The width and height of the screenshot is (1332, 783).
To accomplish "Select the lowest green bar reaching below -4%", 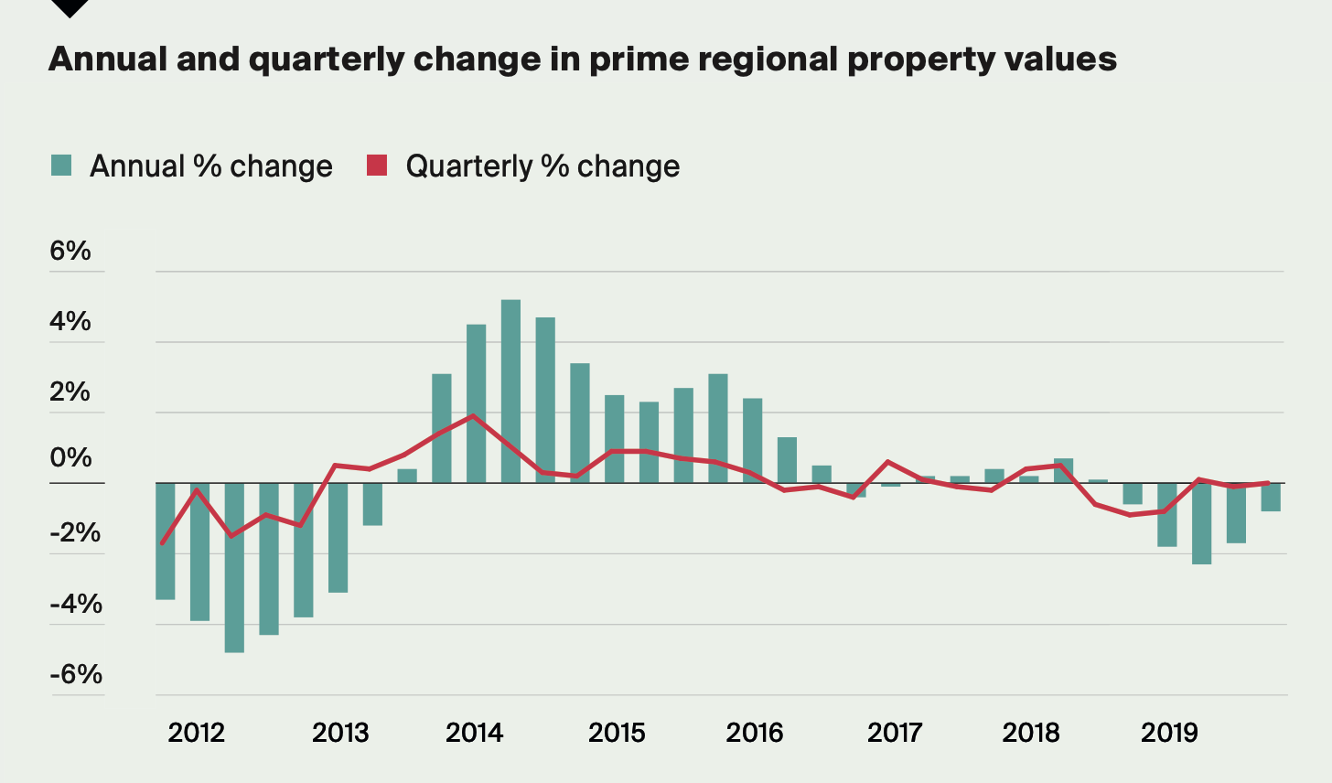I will [x=234, y=567].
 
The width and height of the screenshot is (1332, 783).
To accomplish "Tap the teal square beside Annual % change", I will [x=61, y=166].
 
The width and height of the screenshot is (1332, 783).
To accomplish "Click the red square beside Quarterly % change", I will [x=377, y=166].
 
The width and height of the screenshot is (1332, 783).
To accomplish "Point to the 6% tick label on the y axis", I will [x=70, y=251].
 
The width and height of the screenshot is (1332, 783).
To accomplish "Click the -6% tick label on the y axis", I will [x=76, y=674].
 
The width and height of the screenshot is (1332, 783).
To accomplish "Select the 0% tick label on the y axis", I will [x=70, y=457].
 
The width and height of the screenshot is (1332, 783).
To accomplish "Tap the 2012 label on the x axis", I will [x=196, y=733].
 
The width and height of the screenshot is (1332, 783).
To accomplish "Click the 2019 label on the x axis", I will [x=1169, y=733].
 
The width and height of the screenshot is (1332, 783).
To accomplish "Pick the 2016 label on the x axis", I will [x=755, y=733].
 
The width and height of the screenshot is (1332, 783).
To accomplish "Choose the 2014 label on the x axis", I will [x=475, y=733].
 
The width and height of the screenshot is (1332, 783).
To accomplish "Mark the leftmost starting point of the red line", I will [x=162, y=543].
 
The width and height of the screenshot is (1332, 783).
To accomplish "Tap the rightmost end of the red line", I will [x=1268, y=483].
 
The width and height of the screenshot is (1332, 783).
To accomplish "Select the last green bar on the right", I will [x=1271, y=497].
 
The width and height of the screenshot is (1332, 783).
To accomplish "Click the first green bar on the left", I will [x=165, y=541].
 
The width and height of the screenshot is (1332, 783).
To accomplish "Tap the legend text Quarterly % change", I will [x=542, y=166].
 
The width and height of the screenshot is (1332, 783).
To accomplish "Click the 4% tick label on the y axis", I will [x=70, y=321].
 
